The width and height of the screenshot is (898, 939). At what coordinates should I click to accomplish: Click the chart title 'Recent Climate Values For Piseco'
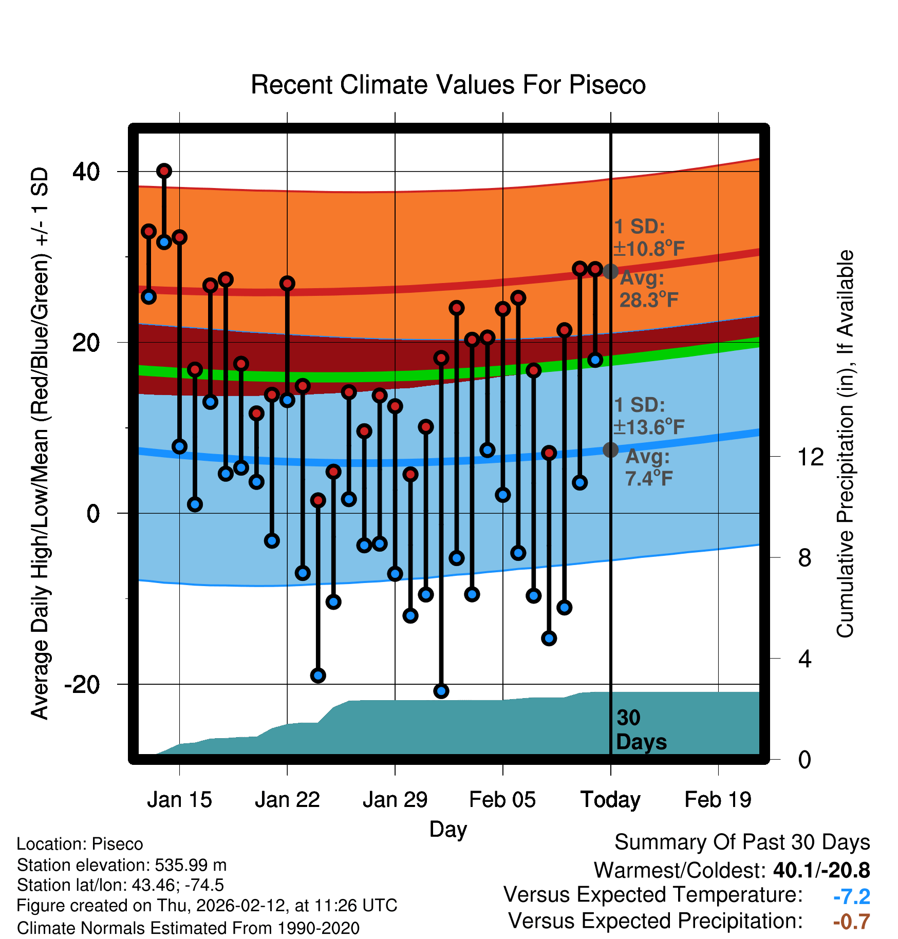click(x=448, y=85)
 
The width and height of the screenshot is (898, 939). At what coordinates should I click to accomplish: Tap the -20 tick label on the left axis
click(x=82, y=684)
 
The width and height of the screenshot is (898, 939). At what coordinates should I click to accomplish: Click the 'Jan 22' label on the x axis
click(x=287, y=800)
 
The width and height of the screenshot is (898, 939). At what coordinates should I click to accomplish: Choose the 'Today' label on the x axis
click(x=610, y=800)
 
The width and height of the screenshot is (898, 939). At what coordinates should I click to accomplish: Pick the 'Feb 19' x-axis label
click(x=718, y=800)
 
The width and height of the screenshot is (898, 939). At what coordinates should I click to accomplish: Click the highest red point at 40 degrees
click(x=164, y=171)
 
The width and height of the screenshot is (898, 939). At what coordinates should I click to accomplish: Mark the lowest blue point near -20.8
click(x=441, y=691)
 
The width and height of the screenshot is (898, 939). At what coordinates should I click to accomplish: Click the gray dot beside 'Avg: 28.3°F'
click(x=610, y=271)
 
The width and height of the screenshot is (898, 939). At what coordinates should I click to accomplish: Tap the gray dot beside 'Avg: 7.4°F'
click(x=610, y=450)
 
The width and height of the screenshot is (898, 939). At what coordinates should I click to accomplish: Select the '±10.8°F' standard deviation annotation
click(x=649, y=249)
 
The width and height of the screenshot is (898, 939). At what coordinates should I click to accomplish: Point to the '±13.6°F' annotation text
click(x=649, y=427)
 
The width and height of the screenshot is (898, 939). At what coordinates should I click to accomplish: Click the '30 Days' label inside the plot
click(x=641, y=730)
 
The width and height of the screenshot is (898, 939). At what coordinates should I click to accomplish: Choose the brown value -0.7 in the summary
click(x=851, y=922)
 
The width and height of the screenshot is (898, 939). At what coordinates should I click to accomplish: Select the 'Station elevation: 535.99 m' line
click(x=122, y=865)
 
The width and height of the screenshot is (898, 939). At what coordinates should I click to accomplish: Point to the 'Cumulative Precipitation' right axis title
click(x=845, y=444)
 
